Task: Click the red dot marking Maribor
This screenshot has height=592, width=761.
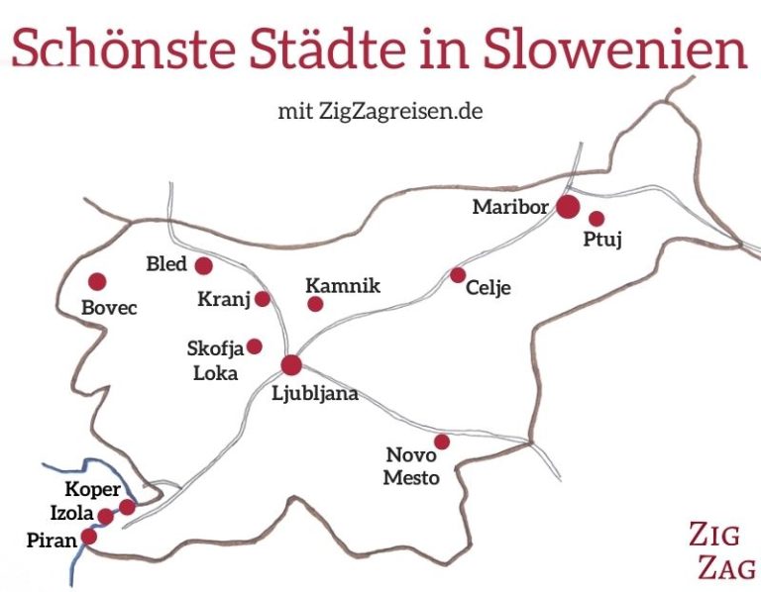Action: click(x=567, y=207)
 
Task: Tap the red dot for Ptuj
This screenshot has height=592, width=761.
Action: click(x=597, y=219)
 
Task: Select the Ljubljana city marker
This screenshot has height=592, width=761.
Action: click(x=291, y=365)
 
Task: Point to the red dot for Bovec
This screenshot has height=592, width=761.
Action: click(x=97, y=281)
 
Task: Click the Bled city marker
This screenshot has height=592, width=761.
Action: click(x=204, y=265)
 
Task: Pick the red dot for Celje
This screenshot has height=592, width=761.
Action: click(x=458, y=275)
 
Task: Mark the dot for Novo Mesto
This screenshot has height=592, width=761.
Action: click(x=442, y=442)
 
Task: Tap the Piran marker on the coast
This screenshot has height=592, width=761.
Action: click(x=88, y=537)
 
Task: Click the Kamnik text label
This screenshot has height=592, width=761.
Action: click(x=343, y=285)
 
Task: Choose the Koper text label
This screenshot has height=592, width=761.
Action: click(x=92, y=490)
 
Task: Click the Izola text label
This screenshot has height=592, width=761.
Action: click(x=71, y=514)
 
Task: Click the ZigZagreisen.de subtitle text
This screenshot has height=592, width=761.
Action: click(x=380, y=112)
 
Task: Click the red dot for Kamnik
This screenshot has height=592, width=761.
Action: click(x=315, y=304)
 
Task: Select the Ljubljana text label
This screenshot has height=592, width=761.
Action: click(x=314, y=395)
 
